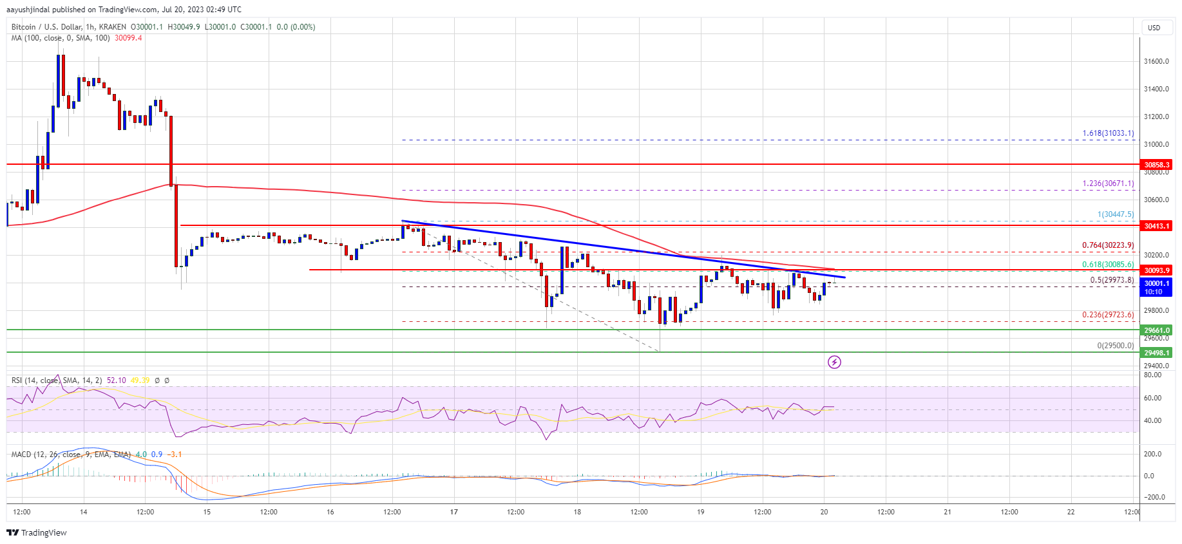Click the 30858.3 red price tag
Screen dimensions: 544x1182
tap(1157, 165)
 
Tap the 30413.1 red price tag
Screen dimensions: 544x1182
tap(1157, 226)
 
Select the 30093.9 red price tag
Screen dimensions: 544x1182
tap(1157, 270)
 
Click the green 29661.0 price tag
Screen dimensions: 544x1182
tap(1157, 330)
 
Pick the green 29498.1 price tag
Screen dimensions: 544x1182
tap(1157, 353)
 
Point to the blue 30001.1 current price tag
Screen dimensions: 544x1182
tap(1157, 287)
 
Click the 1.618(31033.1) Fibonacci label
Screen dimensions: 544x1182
tap(1108, 133)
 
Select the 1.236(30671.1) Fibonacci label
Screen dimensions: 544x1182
tap(1108, 183)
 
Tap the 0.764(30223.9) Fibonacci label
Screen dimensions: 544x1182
tap(1108, 245)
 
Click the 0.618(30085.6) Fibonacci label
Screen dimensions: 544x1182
tap(1108, 264)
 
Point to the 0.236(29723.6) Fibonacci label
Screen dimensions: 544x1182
tap(1108, 315)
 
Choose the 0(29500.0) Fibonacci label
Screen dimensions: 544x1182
tap(1116, 346)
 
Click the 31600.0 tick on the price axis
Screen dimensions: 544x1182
tap(1156, 62)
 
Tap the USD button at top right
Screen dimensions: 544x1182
tap(1154, 28)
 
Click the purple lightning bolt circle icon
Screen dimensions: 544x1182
tap(834, 362)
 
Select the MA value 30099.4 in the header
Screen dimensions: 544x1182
tap(128, 38)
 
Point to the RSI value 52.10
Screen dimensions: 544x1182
tap(116, 380)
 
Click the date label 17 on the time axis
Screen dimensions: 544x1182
tap(454, 512)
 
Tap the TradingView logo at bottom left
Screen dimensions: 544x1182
tap(37, 532)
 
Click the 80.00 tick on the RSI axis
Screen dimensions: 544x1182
tap(1152, 375)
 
